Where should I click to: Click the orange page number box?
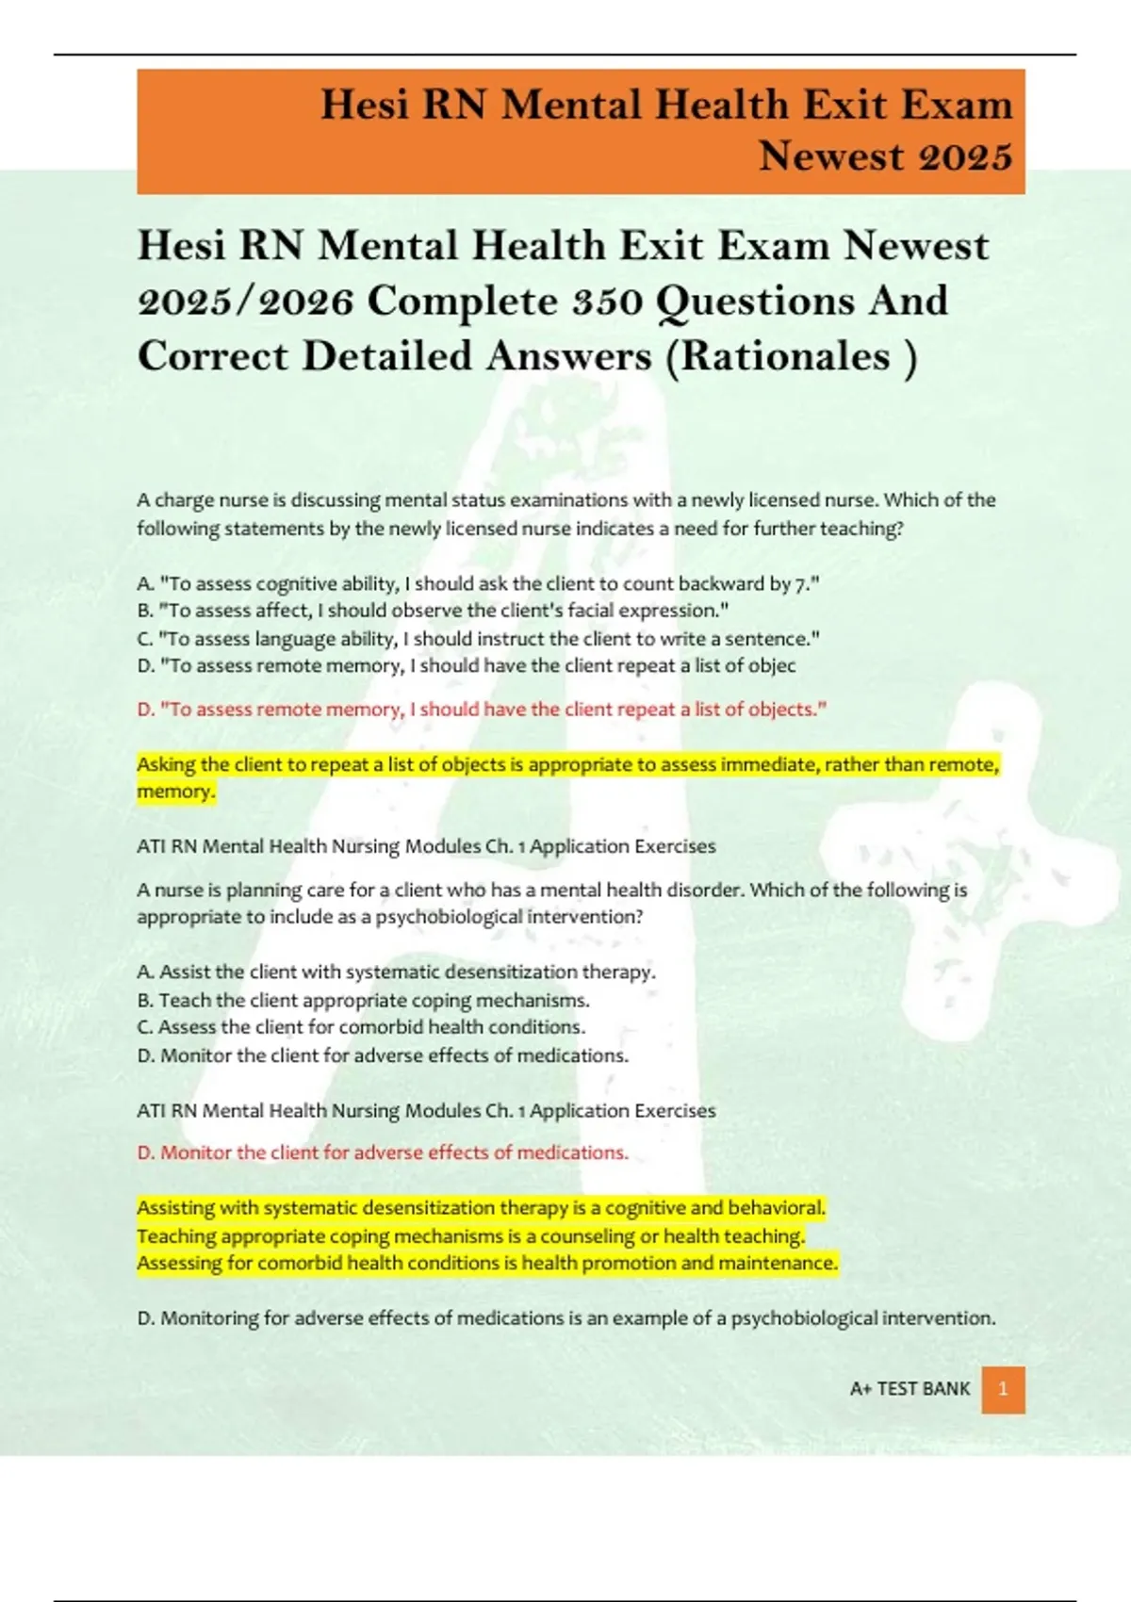pos(1003,1390)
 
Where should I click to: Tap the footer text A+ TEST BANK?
pos(910,1389)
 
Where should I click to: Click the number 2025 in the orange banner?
pos(965,156)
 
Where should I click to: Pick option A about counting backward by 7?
pos(478,584)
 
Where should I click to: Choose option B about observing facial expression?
pos(433,611)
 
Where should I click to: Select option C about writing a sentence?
pos(478,639)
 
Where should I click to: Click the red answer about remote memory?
pos(482,710)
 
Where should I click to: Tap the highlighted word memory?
pos(175,792)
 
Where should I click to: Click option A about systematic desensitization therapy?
pos(396,973)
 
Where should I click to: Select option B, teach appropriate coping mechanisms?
pos(363,1001)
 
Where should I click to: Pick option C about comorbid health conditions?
pos(361,1027)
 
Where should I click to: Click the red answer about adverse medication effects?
pos(383,1152)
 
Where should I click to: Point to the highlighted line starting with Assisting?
pos(481,1208)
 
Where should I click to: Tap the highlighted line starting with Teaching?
pos(470,1236)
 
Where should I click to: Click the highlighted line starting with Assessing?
pos(486,1264)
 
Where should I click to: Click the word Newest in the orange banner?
pos(835,156)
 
